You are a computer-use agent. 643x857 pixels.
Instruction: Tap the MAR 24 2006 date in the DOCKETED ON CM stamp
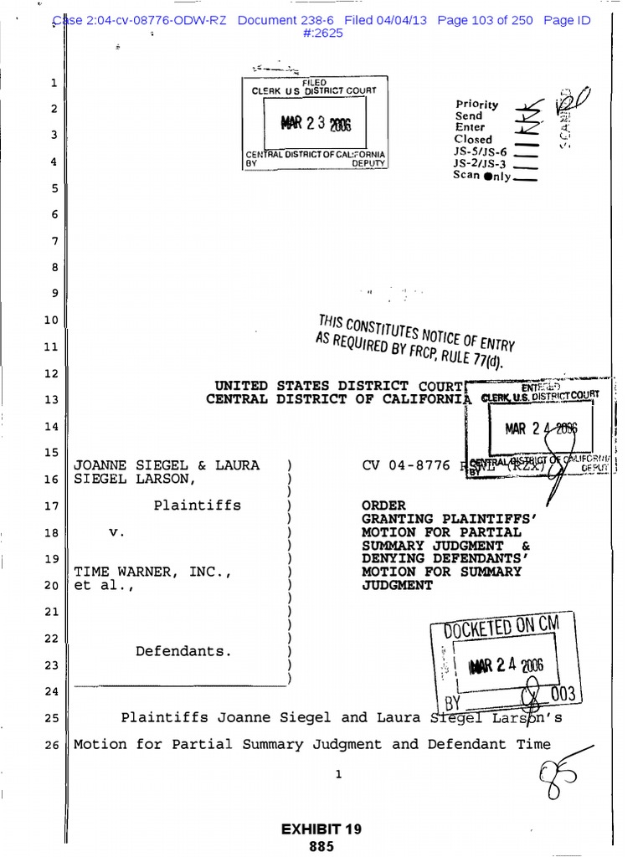pyautogui.click(x=507, y=666)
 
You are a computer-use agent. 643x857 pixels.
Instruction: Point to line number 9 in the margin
pyautogui.click(x=53, y=294)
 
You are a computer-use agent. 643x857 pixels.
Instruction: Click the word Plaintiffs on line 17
pyautogui.click(x=197, y=505)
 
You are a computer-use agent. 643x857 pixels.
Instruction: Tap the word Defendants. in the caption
pyautogui.click(x=183, y=650)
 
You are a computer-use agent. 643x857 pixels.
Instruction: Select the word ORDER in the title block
pyautogui.click(x=383, y=505)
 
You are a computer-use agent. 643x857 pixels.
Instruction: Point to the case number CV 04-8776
pyautogui.click(x=406, y=464)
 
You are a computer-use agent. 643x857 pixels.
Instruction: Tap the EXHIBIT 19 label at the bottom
pyautogui.click(x=321, y=829)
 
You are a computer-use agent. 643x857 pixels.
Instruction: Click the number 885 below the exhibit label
pyautogui.click(x=321, y=846)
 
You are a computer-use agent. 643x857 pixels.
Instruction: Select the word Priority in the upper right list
pyautogui.click(x=476, y=105)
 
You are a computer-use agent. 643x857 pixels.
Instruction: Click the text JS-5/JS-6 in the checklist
pyautogui.click(x=480, y=151)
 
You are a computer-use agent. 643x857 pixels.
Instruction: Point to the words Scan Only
pyautogui.click(x=481, y=176)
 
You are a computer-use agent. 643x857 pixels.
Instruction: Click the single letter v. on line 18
pyautogui.click(x=118, y=532)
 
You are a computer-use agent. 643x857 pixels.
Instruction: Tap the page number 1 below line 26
pyautogui.click(x=338, y=774)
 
